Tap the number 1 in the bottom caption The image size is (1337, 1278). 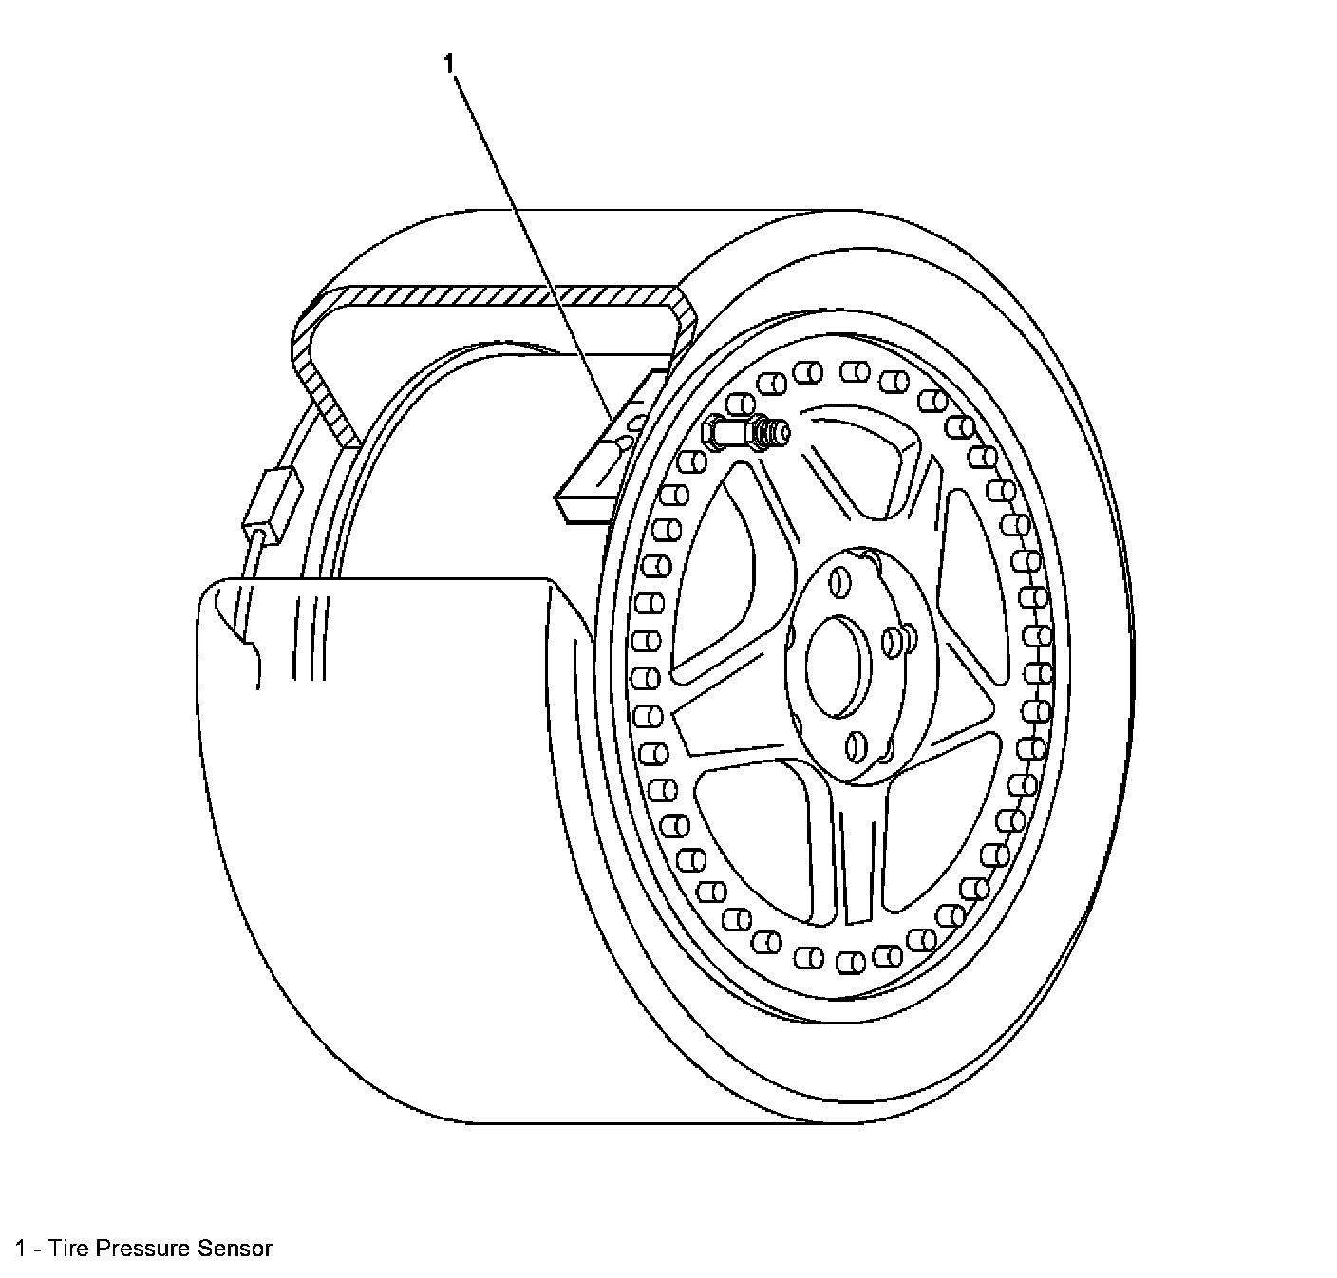pyautogui.click(x=20, y=1248)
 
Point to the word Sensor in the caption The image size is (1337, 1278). pyautogui.click(x=235, y=1248)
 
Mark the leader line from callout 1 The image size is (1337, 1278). pyautogui.click(x=532, y=247)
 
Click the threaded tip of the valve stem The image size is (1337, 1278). pyautogui.click(x=777, y=433)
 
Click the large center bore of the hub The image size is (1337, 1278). pyautogui.click(x=838, y=666)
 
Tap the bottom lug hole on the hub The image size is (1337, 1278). pyautogui.click(x=857, y=746)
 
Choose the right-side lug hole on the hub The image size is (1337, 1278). pyautogui.click(x=893, y=643)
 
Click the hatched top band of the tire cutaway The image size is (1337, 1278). pyautogui.click(x=494, y=295)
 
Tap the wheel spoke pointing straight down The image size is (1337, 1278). pyautogui.click(x=859, y=855)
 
